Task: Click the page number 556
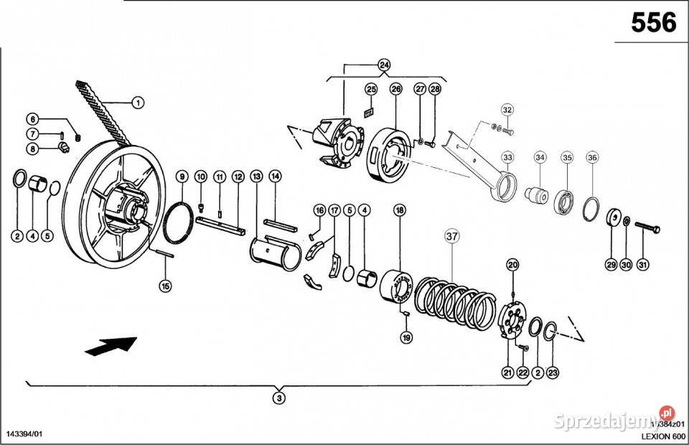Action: pyautogui.click(x=653, y=23)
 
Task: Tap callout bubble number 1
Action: pyautogui.click(x=137, y=103)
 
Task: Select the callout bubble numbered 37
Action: pyautogui.click(x=451, y=236)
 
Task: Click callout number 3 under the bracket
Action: pyautogui.click(x=280, y=398)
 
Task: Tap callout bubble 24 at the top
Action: pyautogui.click(x=384, y=65)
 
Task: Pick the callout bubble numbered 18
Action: pyautogui.click(x=400, y=210)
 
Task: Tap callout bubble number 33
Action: pyautogui.click(x=508, y=157)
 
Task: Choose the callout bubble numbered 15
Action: pyautogui.click(x=166, y=285)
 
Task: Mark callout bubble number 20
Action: pyautogui.click(x=512, y=266)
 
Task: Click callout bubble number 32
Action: pyautogui.click(x=507, y=110)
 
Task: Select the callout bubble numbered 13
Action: pyautogui.click(x=256, y=176)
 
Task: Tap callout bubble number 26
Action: pyautogui.click(x=395, y=89)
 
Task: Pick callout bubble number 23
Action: pyautogui.click(x=553, y=372)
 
